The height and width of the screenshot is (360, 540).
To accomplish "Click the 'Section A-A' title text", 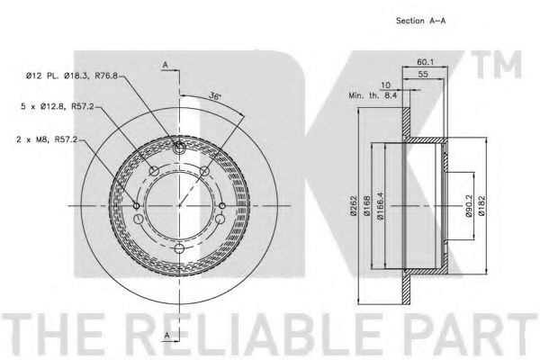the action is click(x=420, y=21).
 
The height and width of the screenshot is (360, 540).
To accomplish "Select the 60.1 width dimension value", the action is click(x=426, y=62).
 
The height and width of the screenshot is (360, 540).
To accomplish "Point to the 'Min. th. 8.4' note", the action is click(x=373, y=95).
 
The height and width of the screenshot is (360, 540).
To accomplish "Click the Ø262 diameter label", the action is click(x=354, y=206).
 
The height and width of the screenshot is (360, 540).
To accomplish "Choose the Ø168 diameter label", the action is click(x=367, y=206).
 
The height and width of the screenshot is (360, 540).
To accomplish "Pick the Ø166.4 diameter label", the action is click(x=380, y=206).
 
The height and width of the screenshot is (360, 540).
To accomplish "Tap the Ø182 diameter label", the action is click(x=481, y=206).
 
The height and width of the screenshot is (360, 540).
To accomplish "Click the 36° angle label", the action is click(x=214, y=96).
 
